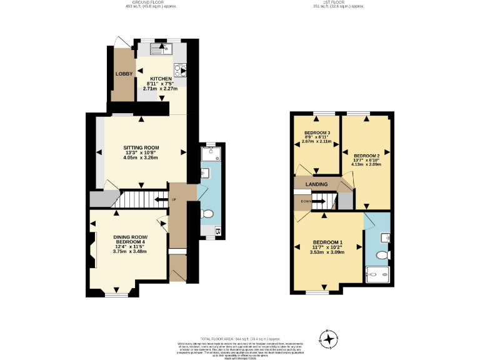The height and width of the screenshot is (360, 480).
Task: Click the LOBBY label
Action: (123, 73)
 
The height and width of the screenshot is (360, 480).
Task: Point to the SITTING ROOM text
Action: (141, 147)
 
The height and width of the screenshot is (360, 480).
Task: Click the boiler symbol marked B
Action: (217, 232)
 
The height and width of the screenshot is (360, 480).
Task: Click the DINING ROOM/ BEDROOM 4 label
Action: (130, 240)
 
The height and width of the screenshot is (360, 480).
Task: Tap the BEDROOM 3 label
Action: (317, 133)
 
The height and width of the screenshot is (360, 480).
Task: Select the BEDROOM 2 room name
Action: (367, 156)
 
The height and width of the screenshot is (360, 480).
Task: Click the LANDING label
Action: (317, 184)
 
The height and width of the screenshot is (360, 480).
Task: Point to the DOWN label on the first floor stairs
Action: (306, 201)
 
